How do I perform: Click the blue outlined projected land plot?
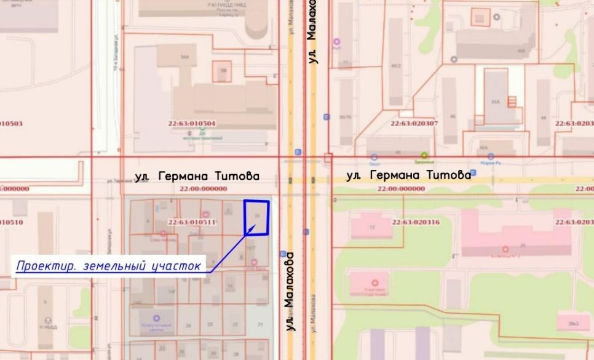click(x=257, y=217)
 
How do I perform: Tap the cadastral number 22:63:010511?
click(x=192, y=222)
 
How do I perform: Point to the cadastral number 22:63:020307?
click(x=414, y=123)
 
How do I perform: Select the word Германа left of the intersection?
click(x=182, y=176)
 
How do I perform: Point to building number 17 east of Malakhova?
click(x=371, y=227)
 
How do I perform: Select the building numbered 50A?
click(x=184, y=57)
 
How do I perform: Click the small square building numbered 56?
click(x=223, y=71)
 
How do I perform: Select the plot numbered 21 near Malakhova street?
click(x=260, y=324)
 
